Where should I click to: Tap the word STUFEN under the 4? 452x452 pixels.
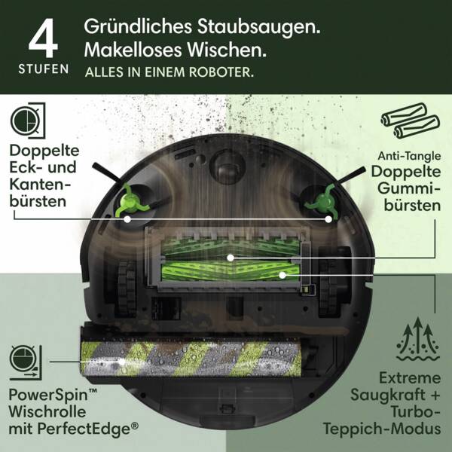point(43,69)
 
